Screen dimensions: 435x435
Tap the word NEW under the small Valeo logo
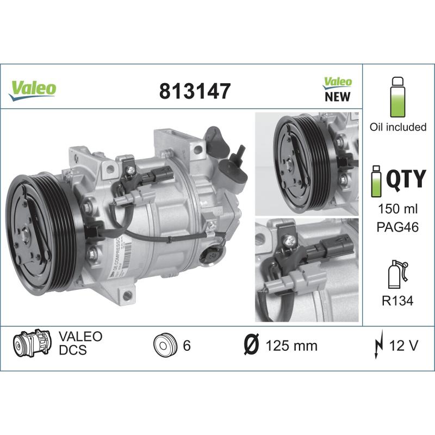[337, 97]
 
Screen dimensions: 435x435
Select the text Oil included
[398, 127]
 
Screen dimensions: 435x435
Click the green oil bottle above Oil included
[397, 97]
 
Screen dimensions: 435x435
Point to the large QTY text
[405, 178]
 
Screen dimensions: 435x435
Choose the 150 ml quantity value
[397, 209]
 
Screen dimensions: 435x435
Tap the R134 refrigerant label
[397, 299]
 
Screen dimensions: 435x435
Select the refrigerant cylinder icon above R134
[396, 274]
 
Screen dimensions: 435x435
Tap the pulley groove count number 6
[187, 346]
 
